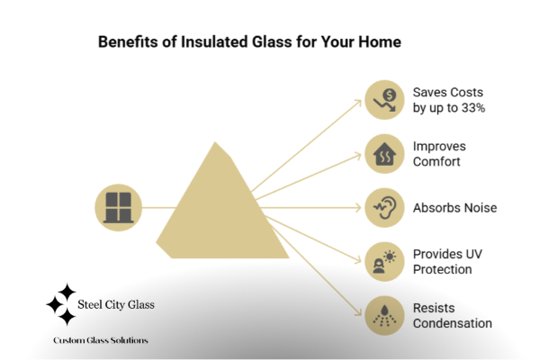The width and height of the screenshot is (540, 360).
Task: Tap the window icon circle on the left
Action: pos(118,207)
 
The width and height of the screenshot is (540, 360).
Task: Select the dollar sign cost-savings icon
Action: pos(388,99)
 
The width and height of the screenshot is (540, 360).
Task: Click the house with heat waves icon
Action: pos(388,153)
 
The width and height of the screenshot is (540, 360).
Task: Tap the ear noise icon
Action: pos(388,207)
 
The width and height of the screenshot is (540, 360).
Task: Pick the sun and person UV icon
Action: pos(388,261)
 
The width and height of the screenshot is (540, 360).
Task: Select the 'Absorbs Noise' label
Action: pos(454,207)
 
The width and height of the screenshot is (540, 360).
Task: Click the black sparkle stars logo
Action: pos(61,303)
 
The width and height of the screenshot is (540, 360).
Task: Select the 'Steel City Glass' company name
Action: pos(117,304)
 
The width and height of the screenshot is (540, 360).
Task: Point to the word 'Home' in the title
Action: pos(382,41)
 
